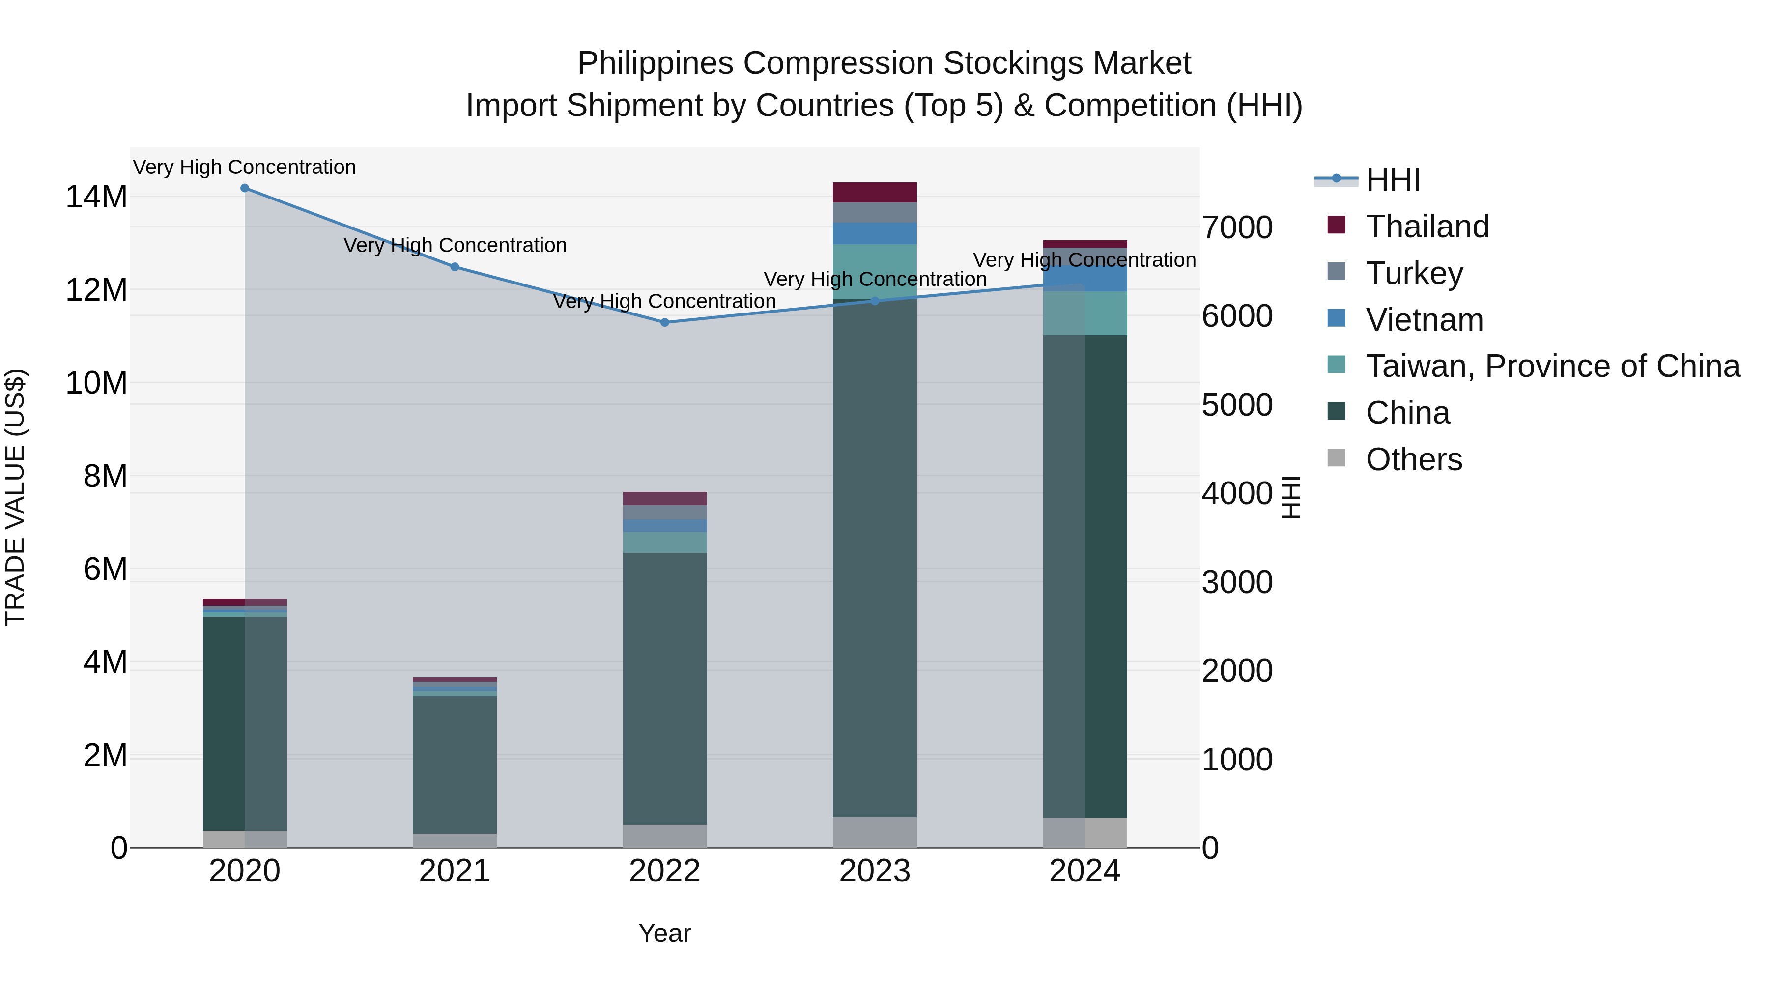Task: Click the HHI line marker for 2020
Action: (245, 188)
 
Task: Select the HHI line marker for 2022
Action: (665, 322)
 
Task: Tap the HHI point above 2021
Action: (455, 267)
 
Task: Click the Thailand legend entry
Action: (1427, 227)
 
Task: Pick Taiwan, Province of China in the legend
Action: (1552, 366)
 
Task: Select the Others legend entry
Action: (1413, 459)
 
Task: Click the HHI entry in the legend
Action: (1393, 180)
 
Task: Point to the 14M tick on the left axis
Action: (96, 197)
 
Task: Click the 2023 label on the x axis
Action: (875, 871)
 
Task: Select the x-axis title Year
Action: (664, 933)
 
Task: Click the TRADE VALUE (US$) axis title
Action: (15, 497)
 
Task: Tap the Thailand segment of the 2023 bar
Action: (875, 192)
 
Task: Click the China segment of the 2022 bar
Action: (665, 687)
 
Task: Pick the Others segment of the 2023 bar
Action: (875, 831)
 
